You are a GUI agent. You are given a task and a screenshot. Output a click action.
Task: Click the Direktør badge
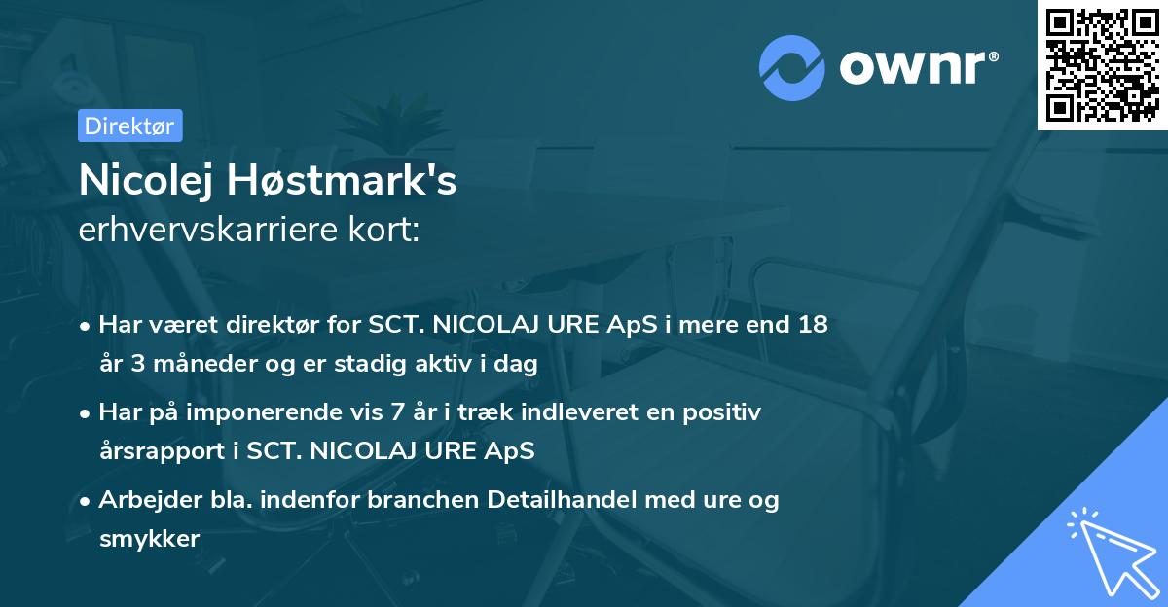[x=129, y=125]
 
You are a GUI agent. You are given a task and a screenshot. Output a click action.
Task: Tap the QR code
[x=1102, y=64]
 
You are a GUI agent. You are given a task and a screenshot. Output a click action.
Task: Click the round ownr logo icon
[x=790, y=68]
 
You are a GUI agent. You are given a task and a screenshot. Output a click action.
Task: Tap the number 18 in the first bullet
[x=813, y=325]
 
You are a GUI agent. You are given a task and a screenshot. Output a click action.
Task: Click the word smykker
[x=149, y=539]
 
